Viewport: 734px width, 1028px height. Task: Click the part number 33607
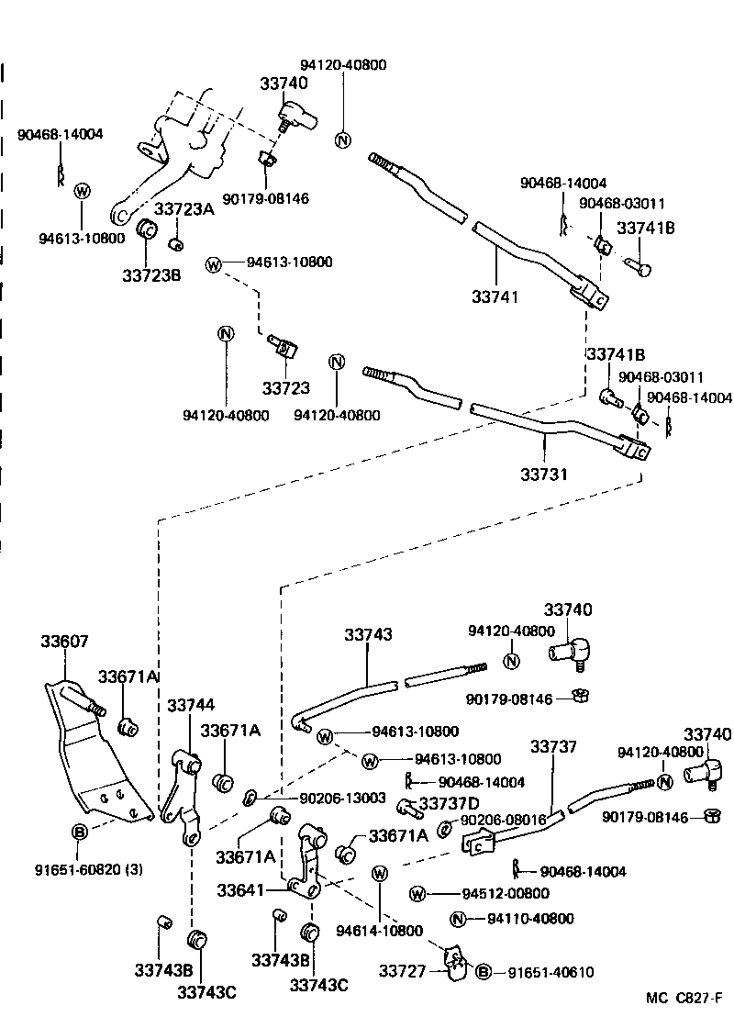[x=64, y=642]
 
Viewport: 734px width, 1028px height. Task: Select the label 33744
[x=191, y=705]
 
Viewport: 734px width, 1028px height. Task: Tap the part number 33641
[x=242, y=890]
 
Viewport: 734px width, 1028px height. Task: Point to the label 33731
[x=545, y=475]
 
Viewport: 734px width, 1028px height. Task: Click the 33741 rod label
[x=495, y=296]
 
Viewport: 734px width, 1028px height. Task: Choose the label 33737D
[x=449, y=804]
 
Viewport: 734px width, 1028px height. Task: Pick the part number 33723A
[x=183, y=209]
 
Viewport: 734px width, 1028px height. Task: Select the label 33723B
[x=151, y=274]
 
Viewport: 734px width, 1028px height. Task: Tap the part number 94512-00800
[x=505, y=894]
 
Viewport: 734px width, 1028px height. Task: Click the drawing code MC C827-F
[x=684, y=998]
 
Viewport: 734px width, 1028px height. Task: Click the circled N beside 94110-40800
[x=459, y=919]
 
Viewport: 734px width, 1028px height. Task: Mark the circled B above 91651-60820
[x=80, y=832]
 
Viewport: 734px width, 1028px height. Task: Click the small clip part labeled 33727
[x=453, y=961]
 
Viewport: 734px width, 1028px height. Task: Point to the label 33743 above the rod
[x=369, y=634]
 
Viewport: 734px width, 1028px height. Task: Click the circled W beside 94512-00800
[x=417, y=894]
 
